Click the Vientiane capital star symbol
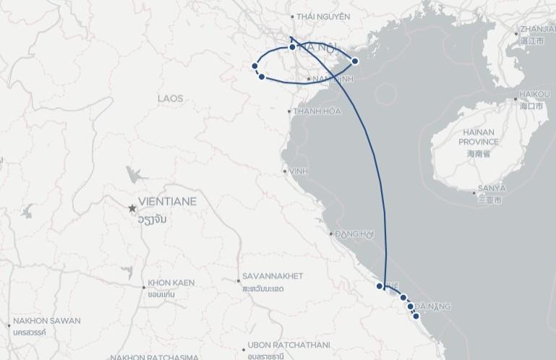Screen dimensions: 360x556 132,208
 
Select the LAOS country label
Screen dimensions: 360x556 171,98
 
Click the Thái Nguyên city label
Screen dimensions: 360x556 313,16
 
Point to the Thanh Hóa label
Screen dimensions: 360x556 316,111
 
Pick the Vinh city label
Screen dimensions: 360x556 294,171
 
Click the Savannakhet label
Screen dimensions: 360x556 273,276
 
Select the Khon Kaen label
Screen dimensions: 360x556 171,282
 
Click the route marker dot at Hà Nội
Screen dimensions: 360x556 292,47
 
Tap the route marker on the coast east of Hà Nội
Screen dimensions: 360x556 355,61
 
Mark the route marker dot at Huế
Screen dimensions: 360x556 380,286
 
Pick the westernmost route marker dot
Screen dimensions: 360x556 255,67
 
